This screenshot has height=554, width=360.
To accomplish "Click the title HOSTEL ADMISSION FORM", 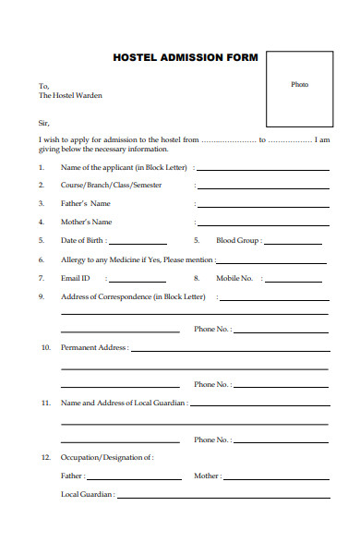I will click(x=186, y=57).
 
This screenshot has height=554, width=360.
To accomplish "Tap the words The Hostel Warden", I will click(x=70, y=95).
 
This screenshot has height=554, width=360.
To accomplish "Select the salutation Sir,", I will click(x=44, y=122).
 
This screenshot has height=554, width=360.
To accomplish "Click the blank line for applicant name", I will click(x=262, y=169).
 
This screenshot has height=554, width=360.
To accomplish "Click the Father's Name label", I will click(x=86, y=203).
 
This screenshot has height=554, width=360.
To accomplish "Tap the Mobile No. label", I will click(x=234, y=278).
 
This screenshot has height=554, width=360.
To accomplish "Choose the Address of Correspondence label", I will click(x=133, y=296).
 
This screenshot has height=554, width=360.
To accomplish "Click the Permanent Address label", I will click(x=93, y=348).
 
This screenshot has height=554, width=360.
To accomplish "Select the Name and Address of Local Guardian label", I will click(x=124, y=403).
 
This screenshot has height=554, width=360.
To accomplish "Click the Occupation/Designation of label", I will click(x=107, y=457).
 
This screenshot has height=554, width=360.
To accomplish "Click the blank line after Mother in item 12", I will click(x=276, y=478).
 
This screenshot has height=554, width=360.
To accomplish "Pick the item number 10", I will click(x=45, y=348).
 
